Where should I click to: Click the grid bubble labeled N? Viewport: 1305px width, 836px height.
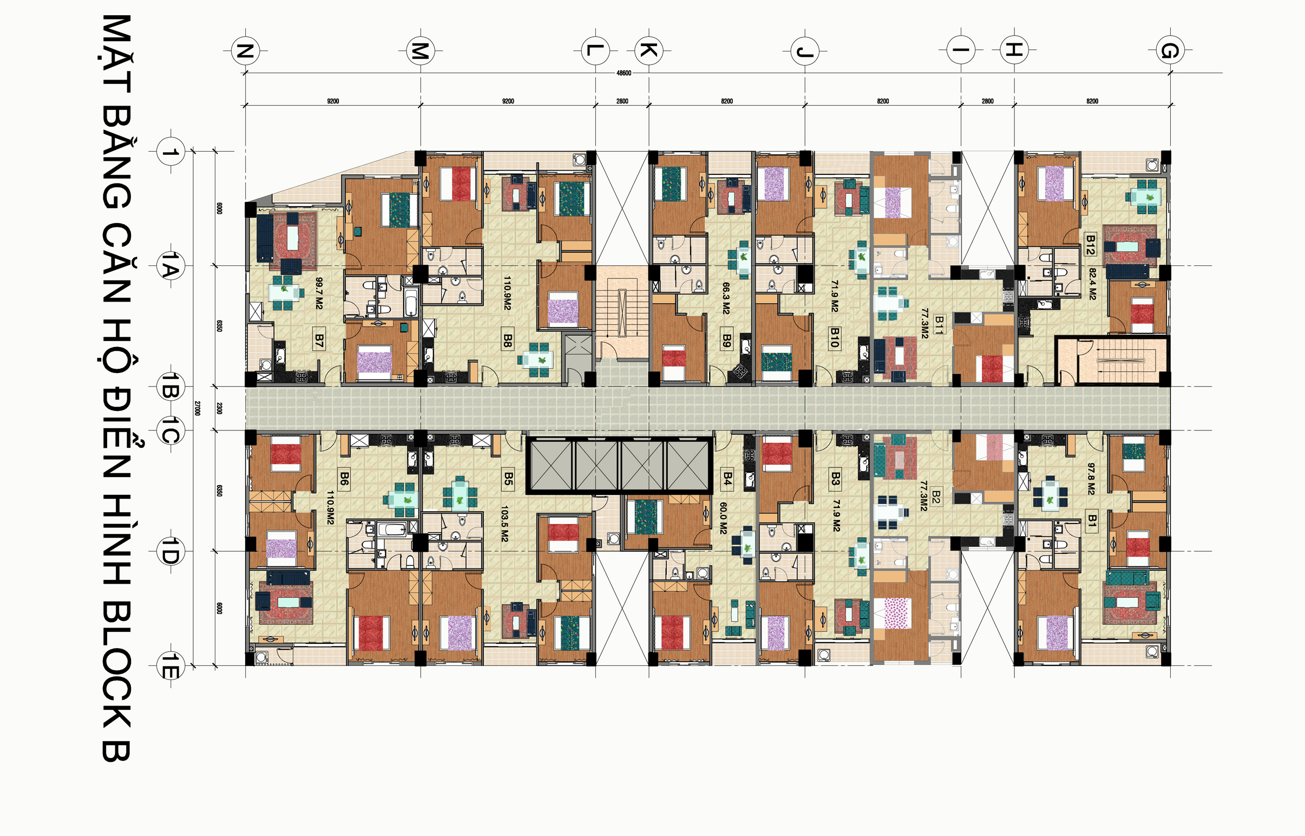(245, 50)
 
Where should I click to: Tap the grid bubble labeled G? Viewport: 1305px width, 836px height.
(1170, 50)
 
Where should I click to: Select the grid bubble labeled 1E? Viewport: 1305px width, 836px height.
(170, 666)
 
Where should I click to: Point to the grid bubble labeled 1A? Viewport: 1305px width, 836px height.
(170, 266)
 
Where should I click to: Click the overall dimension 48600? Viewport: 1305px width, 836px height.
(624, 73)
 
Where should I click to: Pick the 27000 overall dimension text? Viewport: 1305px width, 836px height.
(196, 408)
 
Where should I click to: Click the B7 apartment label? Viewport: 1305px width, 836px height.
(319, 341)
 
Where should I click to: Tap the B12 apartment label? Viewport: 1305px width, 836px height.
(1091, 245)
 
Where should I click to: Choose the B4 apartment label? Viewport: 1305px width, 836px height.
(727, 479)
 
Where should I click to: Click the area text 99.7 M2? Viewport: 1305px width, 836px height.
(319, 293)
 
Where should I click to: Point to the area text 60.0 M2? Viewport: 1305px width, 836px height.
(723, 518)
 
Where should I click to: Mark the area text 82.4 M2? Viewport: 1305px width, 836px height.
(1092, 284)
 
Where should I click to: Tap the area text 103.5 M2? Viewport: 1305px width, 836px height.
(504, 524)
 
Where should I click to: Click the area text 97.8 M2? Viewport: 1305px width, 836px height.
(1091, 479)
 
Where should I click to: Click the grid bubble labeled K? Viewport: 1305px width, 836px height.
(648, 50)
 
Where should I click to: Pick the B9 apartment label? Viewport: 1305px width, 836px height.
(727, 341)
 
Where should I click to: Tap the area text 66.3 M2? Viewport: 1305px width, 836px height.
(726, 298)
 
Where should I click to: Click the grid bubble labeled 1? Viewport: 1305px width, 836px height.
(170, 152)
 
